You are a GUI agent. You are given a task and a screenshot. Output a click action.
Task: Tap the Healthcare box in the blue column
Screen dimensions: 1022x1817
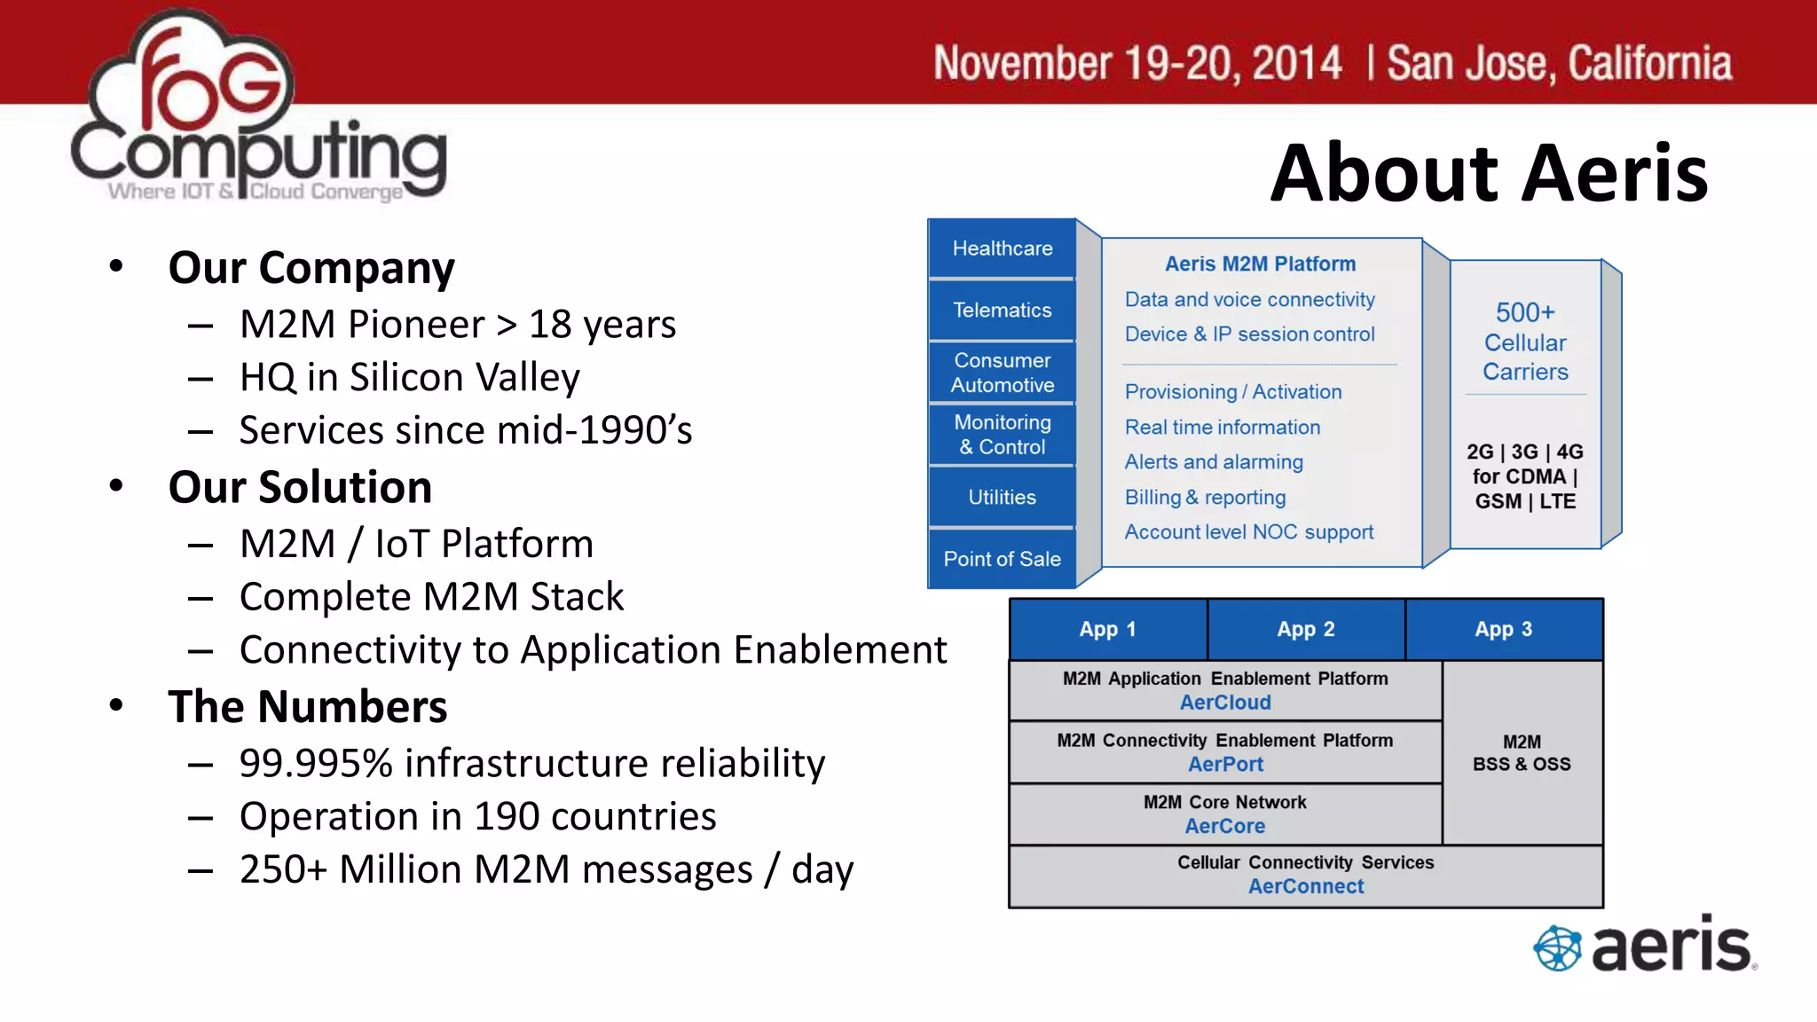(1002, 248)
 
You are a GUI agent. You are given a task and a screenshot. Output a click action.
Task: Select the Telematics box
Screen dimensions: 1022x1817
(1002, 310)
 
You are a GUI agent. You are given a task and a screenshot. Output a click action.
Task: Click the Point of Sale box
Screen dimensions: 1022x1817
(1002, 559)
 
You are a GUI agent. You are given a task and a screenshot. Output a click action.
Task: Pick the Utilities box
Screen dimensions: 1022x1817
(1002, 497)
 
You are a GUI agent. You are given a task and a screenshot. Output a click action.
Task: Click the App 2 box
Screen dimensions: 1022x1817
(1305, 629)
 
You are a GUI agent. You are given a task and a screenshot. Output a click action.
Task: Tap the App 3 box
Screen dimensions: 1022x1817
(1503, 629)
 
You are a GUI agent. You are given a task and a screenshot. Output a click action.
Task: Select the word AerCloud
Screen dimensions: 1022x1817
(1225, 703)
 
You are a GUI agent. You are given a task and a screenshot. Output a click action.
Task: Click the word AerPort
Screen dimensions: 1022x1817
(1225, 764)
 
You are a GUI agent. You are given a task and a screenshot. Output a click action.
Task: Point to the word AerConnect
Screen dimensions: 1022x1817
(1305, 886)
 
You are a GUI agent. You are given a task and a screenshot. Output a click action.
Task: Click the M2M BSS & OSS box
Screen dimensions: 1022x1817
(1522, 752)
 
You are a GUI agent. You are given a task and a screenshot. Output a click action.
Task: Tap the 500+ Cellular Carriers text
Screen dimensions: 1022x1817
(1525, 342)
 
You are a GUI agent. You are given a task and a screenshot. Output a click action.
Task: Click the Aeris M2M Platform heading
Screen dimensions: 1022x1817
(1260, 263)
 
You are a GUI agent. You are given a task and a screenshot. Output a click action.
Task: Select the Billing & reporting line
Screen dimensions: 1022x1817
(1205, 497)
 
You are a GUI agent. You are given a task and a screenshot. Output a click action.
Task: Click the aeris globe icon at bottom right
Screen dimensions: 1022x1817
(1557, 947)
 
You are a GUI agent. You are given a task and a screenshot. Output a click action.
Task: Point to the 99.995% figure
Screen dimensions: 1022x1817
(316, 764)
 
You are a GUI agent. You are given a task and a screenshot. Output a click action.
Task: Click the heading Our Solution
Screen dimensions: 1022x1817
(300, 487)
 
